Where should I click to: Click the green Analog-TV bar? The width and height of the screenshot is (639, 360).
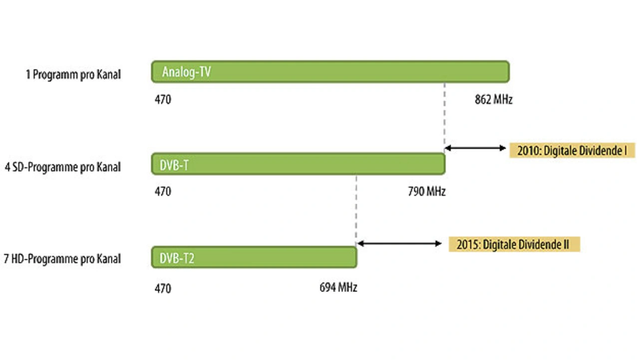pyautogui.click(x=329, y=72)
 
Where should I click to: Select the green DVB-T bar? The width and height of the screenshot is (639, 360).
pyautogui.click(x=298, y=164)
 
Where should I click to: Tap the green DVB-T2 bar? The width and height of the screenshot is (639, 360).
pyautogui.click(x=254, y=258)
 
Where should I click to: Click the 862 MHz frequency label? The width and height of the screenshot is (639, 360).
pyautogui.click(x=493, y=99)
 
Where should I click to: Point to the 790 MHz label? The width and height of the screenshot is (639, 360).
pyautogui.click(x=426, y=191)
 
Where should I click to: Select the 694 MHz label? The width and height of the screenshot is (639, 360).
pyautogui.click(x=338, y=288)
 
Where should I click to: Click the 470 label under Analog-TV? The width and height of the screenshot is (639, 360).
pyautogui.click(x=163, y=99)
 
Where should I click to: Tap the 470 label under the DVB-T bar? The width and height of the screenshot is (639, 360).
pyautogui.click(x=163, y=191)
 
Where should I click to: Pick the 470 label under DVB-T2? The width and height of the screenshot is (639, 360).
pyautogui.click(x=163, y=288)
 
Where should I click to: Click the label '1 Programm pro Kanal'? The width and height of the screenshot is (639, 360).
pyautogui.click(x=73, y=75)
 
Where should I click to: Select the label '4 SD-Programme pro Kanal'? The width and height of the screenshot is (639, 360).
pyautogui.click(x=62, y=167)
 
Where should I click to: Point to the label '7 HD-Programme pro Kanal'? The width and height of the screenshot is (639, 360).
pyautogui.click(x=62, y=259)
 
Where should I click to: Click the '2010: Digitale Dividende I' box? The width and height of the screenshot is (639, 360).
pyautogui.click(x=572, y=150)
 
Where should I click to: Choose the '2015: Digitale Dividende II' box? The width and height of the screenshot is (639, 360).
pyautogui.click(x=514, y=244)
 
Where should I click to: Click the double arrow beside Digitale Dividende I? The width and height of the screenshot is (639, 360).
pyautogui.click(x=475, y=148)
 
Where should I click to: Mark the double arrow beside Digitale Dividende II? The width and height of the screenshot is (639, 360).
pyautogui.click(x=399, y=244)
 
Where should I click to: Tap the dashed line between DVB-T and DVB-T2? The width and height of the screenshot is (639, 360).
pyautogui.click(x=356, y=210)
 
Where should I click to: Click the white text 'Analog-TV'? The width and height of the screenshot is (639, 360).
pyautogui.click(x=186, y=72)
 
